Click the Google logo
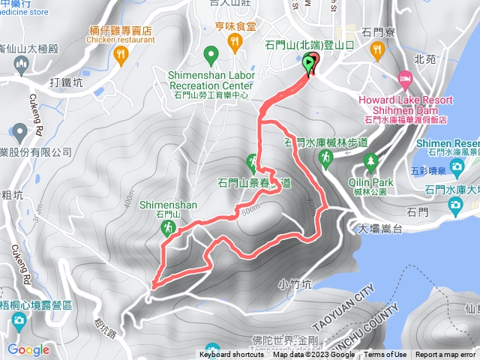point(28,349)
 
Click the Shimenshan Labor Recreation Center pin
point(211,54)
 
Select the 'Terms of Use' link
point(385,355)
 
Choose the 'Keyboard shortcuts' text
point(232,355)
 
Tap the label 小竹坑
point(293,283)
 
